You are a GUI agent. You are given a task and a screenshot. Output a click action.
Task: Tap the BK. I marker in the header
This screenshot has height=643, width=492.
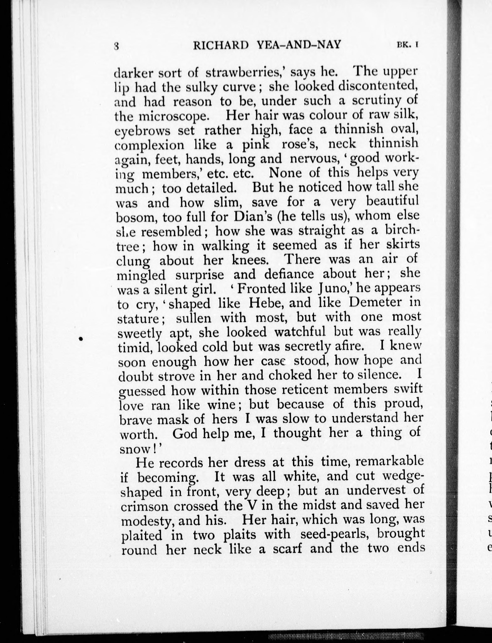pyautogui.click(x=408, y=45)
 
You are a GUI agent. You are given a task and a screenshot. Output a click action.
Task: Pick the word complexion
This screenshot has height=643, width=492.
pyautogui.click(x=150, y=145)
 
